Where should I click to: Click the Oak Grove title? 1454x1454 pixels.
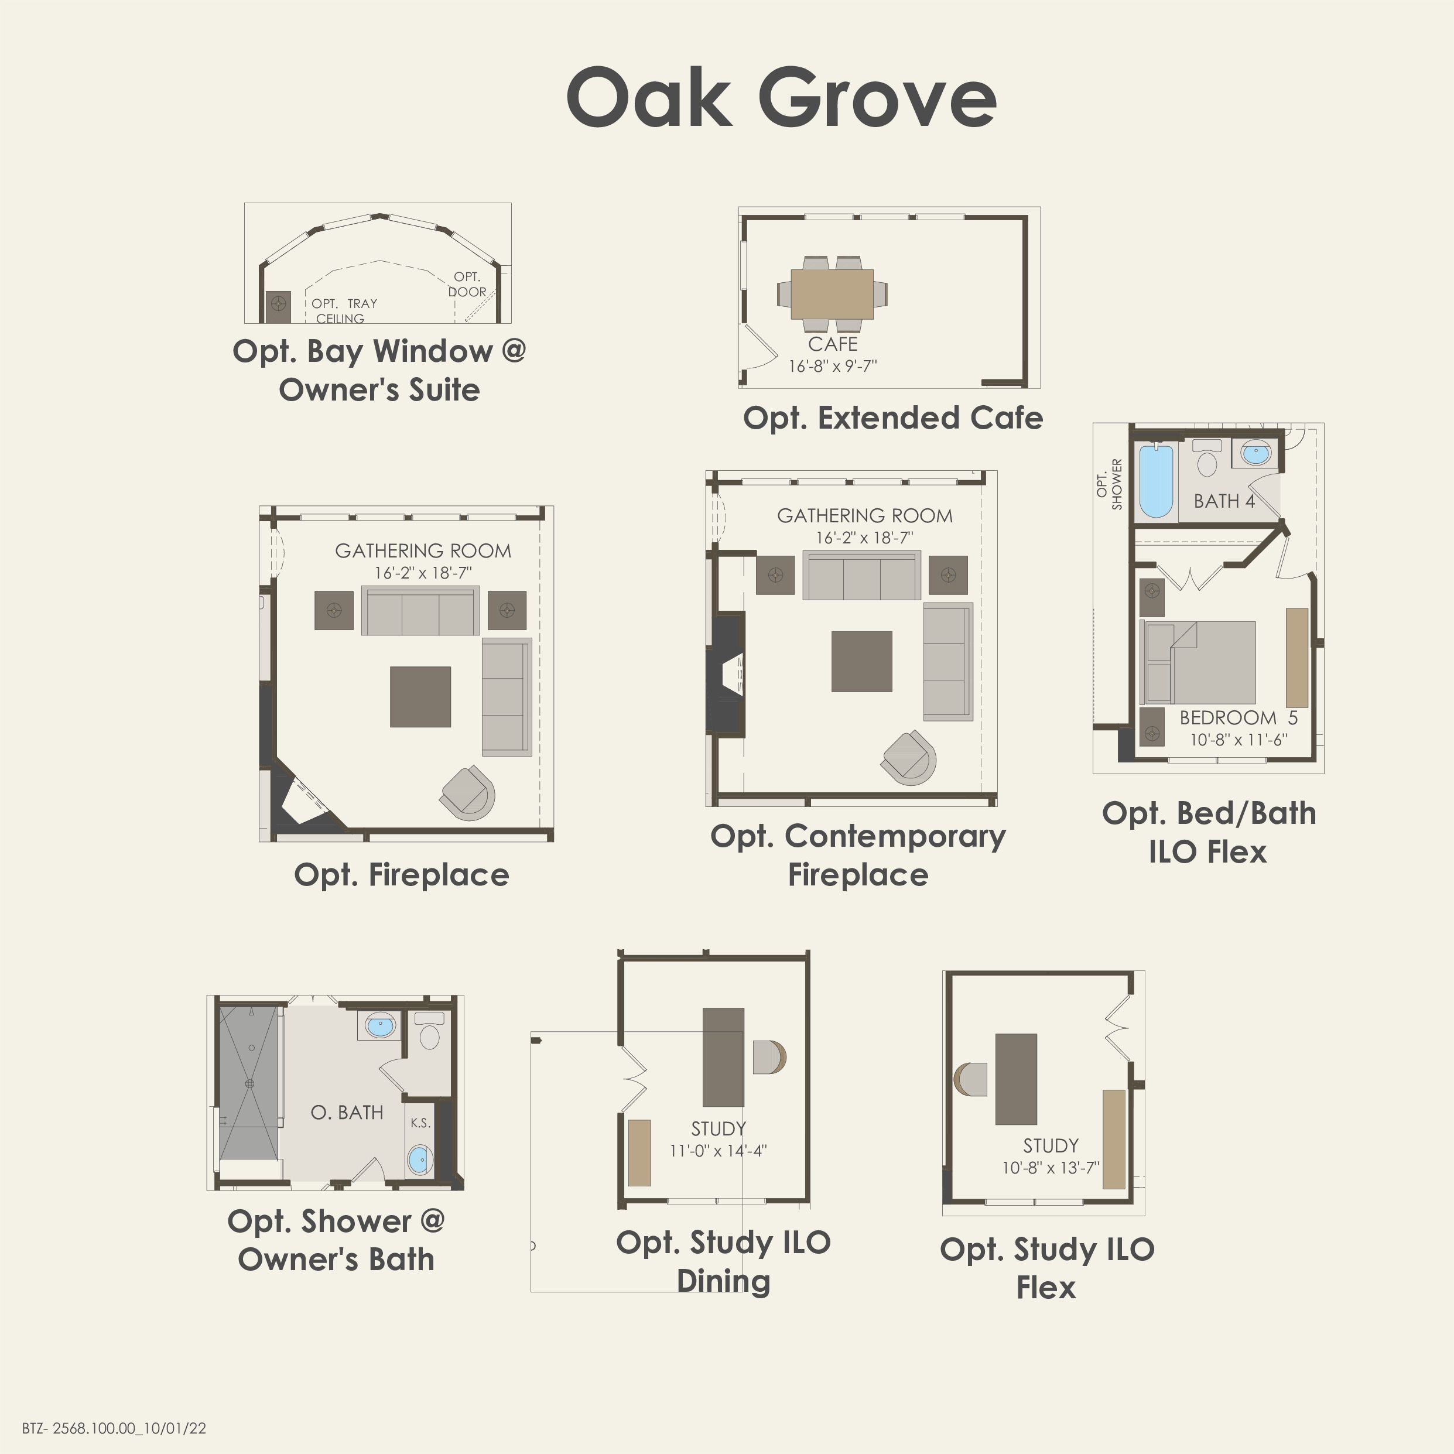coord(781,98)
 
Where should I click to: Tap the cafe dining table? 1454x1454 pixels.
coord(832,293)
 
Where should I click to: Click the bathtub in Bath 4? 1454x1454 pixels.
coord(1156,482)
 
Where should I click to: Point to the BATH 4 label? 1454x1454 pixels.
coord(1224,501)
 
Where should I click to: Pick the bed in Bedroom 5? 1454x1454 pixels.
coord(1198,662)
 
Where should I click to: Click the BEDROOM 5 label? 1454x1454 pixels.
coord(1239,718)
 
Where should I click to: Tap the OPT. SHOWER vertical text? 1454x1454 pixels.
coord(1109,484)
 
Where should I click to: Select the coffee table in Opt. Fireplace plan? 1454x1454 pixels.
coord(420,697)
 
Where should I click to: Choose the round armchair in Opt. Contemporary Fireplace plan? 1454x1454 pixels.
coord(909,758)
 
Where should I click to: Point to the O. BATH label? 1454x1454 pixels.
coord(347,1113)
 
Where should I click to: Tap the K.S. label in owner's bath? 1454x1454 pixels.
coord(420,1124)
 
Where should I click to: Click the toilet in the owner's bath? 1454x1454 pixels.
coord(429,1031)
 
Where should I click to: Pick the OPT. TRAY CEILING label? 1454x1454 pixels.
coord(344,311)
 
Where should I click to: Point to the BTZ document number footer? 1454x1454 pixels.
coord(114,1428)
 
